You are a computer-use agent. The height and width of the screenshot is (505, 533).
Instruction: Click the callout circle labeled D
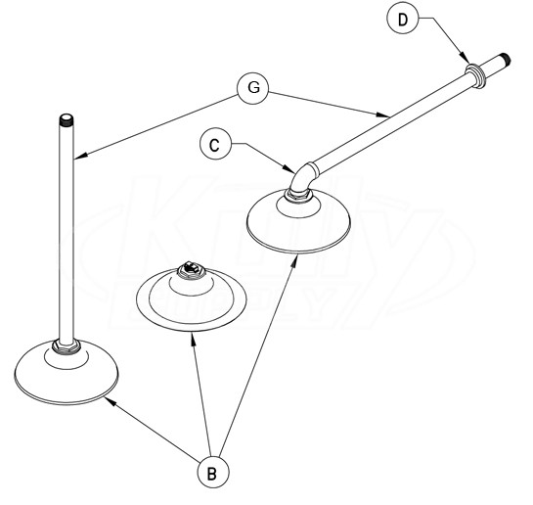(x=403, y=19)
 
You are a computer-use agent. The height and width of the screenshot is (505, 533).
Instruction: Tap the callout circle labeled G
(x=253, y=88)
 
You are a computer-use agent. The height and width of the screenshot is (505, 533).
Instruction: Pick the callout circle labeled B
(x=213, y=472)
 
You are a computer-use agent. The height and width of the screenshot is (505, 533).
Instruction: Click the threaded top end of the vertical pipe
(x=67, y=119)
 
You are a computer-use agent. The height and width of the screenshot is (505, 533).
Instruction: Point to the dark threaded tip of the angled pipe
(x=505, y=59)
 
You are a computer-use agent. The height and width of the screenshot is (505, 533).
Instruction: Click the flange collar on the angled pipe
(x=476, y=75)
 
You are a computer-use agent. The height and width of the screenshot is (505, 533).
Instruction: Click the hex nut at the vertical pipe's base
(x=67, y=346)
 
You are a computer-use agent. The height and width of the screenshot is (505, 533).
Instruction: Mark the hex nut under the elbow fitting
(x=298, y=195)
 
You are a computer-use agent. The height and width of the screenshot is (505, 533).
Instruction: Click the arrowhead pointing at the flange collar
(x=465, y=58)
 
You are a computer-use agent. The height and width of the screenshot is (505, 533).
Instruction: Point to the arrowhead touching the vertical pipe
(x=80, y=156)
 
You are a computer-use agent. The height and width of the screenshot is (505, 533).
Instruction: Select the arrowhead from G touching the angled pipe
(x=383, y=115)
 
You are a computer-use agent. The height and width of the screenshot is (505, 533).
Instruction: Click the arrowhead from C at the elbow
(x=289, y=168)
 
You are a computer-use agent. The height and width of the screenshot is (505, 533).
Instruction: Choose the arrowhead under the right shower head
(x=295, y=260)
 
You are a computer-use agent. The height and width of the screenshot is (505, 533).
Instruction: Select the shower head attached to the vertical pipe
(x=67, y=372)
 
